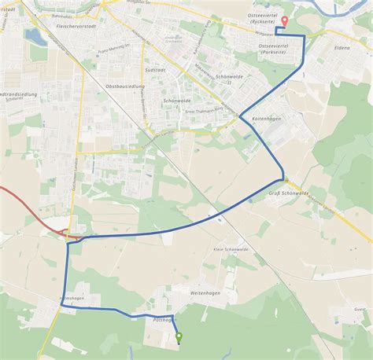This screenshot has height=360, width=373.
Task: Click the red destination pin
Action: point(284,22)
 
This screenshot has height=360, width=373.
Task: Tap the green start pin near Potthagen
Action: point(179,338)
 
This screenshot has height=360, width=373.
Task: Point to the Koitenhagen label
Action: point(266,118)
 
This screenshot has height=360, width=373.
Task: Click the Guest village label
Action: point(360,310)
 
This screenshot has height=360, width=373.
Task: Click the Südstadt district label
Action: point(155,69)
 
